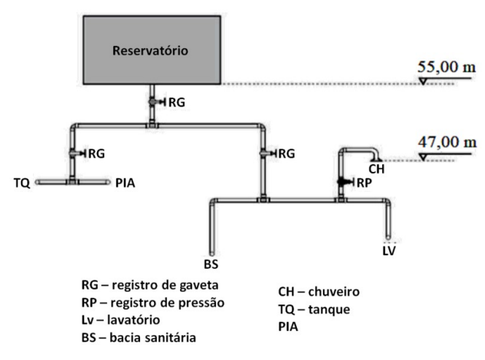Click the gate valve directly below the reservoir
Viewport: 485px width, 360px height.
(x=153, y=102)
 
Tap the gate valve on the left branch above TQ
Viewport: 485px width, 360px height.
(x=74, y=153)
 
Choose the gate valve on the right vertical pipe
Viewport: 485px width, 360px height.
(x=263, y=153)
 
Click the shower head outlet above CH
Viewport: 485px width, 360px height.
(x=374, y=155)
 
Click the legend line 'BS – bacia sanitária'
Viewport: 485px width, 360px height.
(x=140, y=337)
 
